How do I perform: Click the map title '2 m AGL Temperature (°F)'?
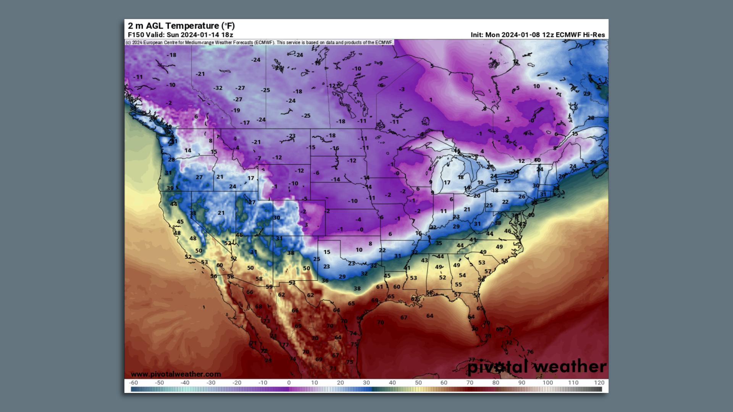point(181,26)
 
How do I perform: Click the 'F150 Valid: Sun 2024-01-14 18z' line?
point(180,35)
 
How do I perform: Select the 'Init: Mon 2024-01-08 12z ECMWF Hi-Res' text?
point(538,35)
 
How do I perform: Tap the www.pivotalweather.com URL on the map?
point(176,374)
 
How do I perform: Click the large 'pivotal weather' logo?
point(536,367)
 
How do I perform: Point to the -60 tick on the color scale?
point(134,383)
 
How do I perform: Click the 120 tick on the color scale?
point(599,383)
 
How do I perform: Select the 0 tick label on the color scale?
point(289,383)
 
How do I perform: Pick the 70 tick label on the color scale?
point(470,383)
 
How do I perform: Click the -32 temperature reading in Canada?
point(218,88)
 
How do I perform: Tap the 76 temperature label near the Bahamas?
point(530,352)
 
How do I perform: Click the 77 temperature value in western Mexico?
point(285,345)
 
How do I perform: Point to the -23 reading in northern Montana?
point(291,136)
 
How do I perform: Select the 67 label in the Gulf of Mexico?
point(404,317)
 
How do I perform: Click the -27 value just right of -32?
point(240,88)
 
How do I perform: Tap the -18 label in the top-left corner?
point(171,55)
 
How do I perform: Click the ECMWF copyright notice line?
point(259,42)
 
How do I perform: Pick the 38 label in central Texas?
point(357,289)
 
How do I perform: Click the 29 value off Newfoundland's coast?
point(586,93)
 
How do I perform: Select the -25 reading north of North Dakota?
point(305,116)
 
